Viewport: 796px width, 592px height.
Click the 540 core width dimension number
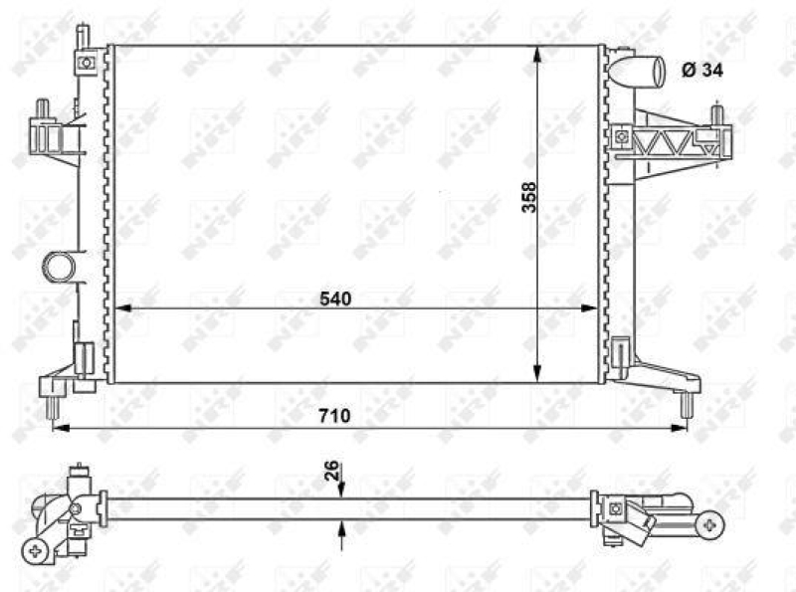[336, 297]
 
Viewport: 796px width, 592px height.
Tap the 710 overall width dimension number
[335, 416]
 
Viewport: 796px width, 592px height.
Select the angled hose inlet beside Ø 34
[639, 74]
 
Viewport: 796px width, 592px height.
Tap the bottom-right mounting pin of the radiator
[686, 402]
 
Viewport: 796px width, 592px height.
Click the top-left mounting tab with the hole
[86, 62]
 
